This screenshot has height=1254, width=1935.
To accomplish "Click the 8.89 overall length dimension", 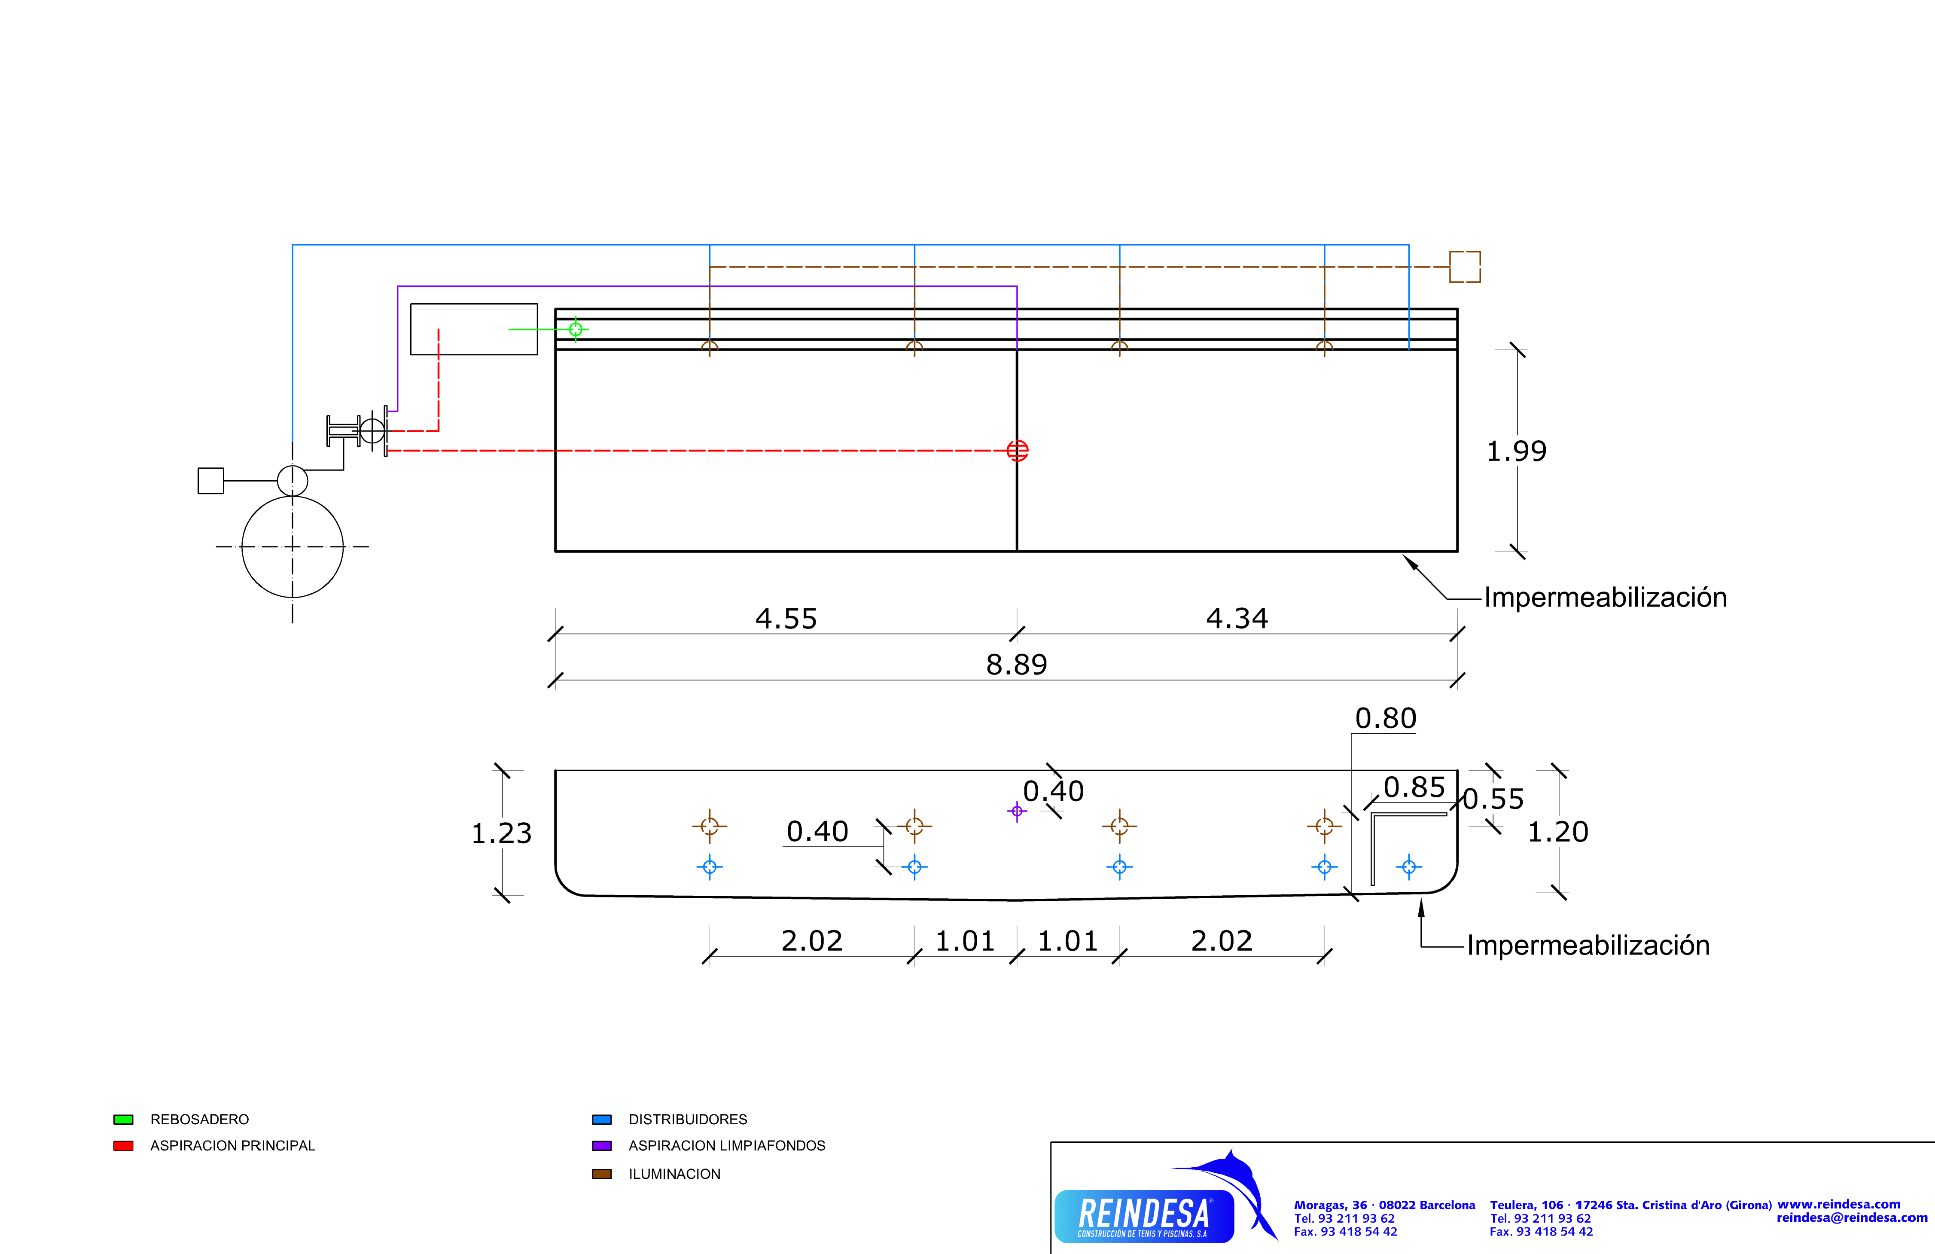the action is (x=1016, y=665).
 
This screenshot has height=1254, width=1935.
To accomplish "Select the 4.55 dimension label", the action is (x=786, y=619).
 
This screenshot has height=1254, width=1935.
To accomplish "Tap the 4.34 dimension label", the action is (x=1237, y=619).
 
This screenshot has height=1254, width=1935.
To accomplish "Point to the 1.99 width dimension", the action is (x=1516, y=452).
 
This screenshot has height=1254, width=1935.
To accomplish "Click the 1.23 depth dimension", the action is (x=502, y=833).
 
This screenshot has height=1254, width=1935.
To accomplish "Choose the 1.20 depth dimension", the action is (x=1558, y=832).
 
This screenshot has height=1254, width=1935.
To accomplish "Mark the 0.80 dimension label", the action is (x=1385, y=718).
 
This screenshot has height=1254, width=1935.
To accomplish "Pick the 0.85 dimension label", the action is (x=1415, y=787).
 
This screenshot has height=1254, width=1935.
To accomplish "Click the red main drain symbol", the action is (x=1017, y=451).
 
